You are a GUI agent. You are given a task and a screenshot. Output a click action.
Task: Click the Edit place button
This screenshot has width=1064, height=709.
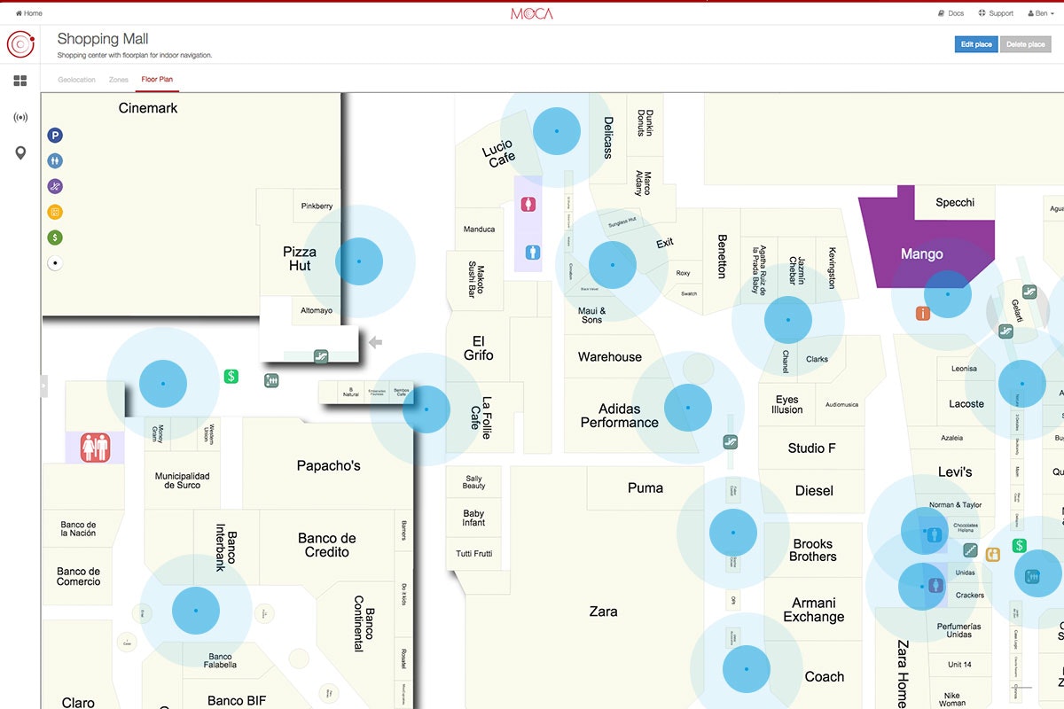point(976,44)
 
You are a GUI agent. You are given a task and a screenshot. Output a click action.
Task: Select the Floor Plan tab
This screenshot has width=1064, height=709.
point(157,80)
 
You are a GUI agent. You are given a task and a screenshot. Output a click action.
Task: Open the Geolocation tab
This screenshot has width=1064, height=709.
point(76,80)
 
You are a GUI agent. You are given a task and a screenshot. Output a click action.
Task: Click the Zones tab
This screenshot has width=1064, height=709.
point(119,80)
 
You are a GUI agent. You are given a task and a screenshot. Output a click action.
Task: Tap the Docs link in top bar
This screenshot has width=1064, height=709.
point(951,13)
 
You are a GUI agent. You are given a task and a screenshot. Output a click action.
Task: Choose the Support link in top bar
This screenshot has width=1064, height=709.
point(996,13)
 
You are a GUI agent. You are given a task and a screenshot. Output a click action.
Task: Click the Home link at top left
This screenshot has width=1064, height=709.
point(29,13)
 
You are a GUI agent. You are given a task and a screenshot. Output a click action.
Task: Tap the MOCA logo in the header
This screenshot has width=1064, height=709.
point(532,13)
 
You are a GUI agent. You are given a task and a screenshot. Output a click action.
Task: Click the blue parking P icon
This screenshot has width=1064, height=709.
point(55,136)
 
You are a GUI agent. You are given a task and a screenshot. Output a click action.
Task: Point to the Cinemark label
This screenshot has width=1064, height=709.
point(148,108)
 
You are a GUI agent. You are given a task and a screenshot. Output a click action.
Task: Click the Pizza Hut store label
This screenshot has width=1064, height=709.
point(300,259)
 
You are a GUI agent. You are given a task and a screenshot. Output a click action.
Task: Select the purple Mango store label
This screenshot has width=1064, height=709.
point(922,254)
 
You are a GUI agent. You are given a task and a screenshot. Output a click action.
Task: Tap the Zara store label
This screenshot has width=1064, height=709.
point(603,612)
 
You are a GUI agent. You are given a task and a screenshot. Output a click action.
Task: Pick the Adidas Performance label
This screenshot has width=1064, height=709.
point(619,416)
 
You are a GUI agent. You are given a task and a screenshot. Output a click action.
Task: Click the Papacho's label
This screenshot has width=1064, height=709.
point(328,465)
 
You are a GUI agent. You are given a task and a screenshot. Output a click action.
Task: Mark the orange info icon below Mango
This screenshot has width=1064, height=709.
point(923,313)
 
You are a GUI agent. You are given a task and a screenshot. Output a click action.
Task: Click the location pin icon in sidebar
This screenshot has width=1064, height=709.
point(20,153)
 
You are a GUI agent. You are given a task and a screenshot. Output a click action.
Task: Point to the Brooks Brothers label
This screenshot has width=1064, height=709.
point(813,550)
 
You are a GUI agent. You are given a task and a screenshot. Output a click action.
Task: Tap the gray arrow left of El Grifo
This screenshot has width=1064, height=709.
point(375,342)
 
